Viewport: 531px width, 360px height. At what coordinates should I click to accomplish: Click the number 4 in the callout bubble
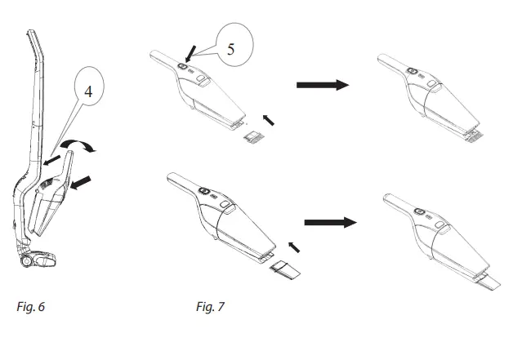[91, 92]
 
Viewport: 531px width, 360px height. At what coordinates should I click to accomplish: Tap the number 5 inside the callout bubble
[230, 47]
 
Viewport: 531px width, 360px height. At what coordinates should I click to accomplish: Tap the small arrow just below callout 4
[53, 163]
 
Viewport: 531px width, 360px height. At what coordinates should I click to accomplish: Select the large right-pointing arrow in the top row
[320, 84]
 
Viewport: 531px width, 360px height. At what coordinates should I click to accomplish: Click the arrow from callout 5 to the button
[190, 55]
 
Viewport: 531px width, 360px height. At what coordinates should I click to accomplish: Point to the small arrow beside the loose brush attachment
[269, 119]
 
